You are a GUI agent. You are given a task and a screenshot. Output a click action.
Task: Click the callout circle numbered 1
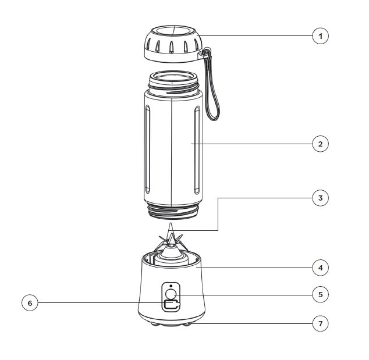pos(320,36)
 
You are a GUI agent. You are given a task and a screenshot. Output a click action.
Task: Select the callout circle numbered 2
pos(320,144)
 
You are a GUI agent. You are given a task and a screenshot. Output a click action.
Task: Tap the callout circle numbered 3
pos(320,198)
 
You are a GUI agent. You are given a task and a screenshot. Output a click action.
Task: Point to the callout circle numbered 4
pos(320,268)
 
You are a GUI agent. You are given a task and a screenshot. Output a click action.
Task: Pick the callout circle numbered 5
pos(320,294)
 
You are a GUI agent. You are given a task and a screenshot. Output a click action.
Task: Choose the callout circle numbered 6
pos(30,303)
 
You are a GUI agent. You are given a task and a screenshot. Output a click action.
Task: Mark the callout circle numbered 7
pos(320,323)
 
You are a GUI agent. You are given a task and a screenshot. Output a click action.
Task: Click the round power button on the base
pos(171,294)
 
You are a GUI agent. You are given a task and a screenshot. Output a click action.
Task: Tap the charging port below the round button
pos(172,305)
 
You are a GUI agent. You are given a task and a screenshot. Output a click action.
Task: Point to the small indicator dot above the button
pos(171,286)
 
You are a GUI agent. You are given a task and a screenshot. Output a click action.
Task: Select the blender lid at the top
pos(173,44)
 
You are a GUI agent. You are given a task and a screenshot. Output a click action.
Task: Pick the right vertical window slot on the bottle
pos(197,150)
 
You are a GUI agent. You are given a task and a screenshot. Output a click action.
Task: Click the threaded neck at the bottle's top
pos(173,84)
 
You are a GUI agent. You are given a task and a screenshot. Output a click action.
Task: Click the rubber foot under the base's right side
pos(187,324)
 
